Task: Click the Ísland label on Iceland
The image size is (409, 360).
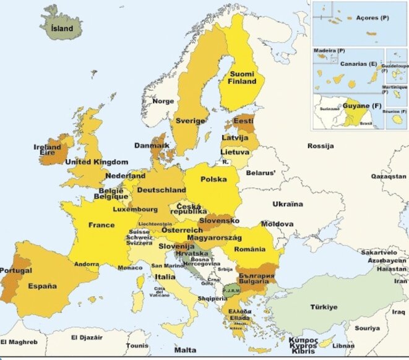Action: (62, 28)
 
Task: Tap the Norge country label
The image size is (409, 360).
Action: (163, 101)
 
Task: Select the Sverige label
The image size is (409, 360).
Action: (190, 121)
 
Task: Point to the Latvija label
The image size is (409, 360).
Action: (235, 137)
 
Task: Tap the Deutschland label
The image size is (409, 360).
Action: (161, 190)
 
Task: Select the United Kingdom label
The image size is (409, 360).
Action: (97, 162)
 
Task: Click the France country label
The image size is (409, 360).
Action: (101, 225)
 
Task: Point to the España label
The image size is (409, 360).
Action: (42, 286)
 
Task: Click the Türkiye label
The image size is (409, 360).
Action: (324, 307)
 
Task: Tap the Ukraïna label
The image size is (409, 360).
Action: (288, 204)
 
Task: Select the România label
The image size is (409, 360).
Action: (249, 249)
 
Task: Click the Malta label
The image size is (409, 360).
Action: (185, 350)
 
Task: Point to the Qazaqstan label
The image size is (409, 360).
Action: (388, 176)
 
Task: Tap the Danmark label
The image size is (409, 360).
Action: (152, 146)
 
